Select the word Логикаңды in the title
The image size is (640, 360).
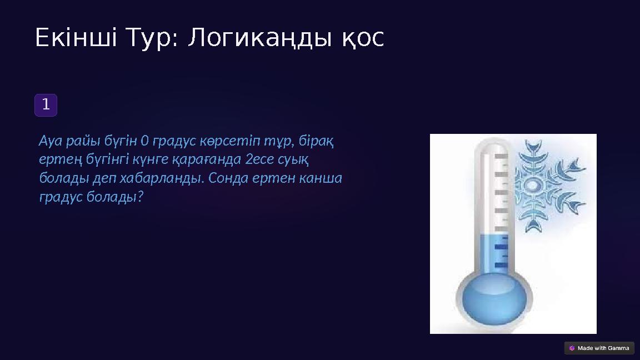(x=259, y=38)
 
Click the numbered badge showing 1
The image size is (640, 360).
(x=46, y=104)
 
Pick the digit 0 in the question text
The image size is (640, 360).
(x=145, y=141)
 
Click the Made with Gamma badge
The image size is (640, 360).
(x=599, y=348)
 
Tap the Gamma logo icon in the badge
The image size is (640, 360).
(x=572, y=348)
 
